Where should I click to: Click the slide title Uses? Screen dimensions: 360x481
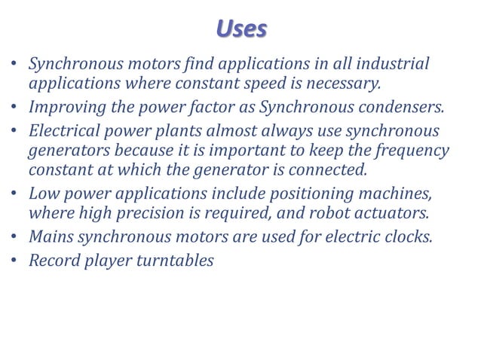click(241, 29)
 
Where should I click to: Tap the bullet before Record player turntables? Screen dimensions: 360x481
click(14, 261)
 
